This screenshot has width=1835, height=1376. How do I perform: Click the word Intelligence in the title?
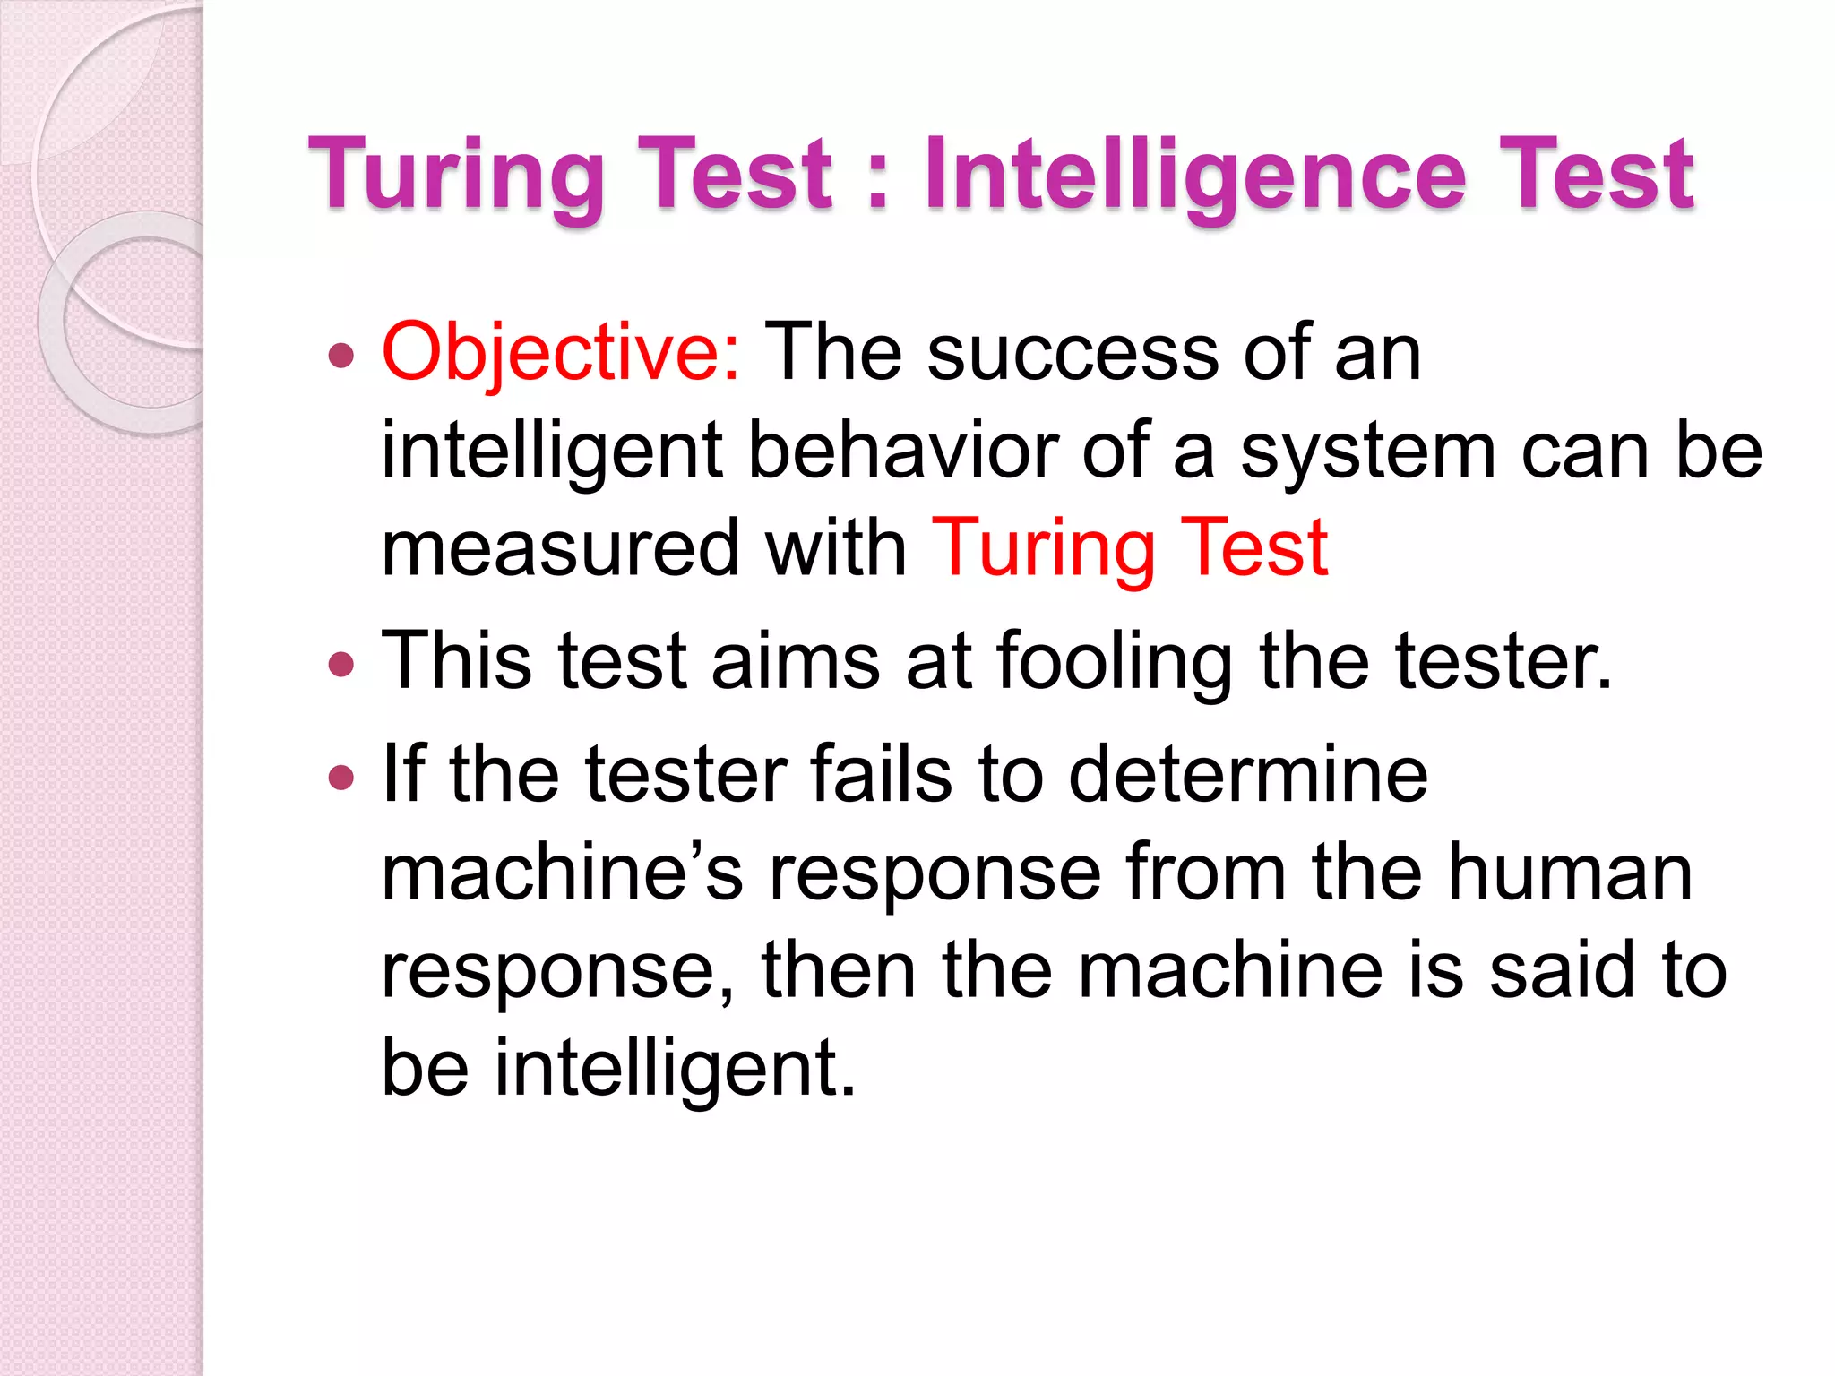coord(1195,176)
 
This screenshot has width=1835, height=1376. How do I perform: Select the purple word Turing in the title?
coord(457,176)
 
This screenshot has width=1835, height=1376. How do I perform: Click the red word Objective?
coord(560,353)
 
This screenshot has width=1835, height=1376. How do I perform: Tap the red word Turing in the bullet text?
coord(1044,548)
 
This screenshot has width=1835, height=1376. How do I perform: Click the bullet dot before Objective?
coord(341,357)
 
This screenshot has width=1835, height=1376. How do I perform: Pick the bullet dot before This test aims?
coord(341,664)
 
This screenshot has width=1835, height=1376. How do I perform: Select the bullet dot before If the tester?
coord(341,776)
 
